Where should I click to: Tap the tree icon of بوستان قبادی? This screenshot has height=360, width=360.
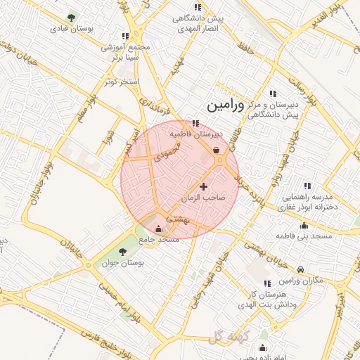(71, 18)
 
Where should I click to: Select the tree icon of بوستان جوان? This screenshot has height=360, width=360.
(122, 251)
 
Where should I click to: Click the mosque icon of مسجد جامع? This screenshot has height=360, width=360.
(158, 229)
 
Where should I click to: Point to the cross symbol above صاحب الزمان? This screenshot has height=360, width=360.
(204, 186)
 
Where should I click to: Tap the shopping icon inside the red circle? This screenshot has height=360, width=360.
(214, 149)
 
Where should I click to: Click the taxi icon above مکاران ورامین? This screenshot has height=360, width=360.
(301, 270)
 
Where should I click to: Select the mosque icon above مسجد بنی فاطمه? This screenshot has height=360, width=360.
(304, 226)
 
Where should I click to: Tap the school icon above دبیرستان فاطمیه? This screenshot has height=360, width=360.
(195, 123)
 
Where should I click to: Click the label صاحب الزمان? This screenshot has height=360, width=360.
(203, 198)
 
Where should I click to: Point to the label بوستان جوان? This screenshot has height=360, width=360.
(127, 262)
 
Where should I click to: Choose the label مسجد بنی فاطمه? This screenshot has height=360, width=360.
(304, 236)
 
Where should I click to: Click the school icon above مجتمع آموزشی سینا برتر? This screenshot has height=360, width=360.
(125, 35)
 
